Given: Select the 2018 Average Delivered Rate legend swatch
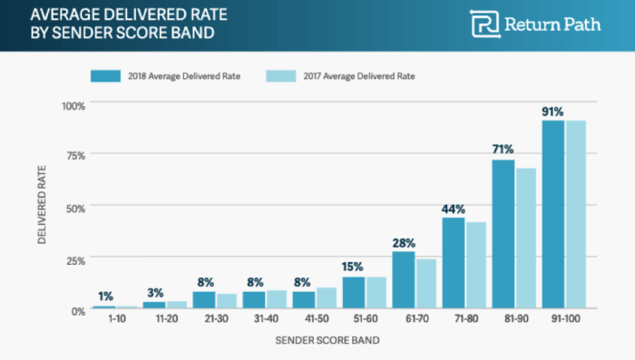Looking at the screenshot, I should point(107,75).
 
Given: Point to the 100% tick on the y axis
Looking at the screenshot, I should point(72,105).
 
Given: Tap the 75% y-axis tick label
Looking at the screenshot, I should point(74,156).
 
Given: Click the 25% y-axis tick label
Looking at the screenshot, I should point(74,260).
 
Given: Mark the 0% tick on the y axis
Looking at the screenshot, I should point(77,310).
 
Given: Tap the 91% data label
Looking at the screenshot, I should point(552,112).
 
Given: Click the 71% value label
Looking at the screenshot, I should point(503,149).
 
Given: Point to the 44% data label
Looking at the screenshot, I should point(453,208).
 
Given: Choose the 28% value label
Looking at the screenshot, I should point(404,242).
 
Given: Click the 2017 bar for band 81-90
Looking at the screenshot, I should point(526,239).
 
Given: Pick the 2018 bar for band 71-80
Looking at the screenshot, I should point(453,264).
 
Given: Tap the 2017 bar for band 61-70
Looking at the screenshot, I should point(426,285).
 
